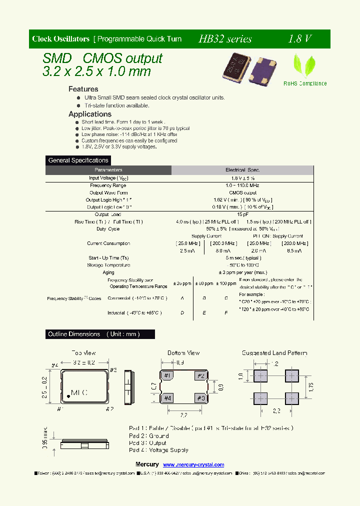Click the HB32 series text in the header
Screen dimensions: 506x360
[225, 39]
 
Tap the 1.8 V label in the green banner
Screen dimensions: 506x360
[300, 39]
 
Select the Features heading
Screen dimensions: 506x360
[83, 89]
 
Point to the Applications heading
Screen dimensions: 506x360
[90, 114]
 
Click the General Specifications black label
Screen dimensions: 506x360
[78, 160]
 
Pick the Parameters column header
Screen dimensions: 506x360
[108, 170]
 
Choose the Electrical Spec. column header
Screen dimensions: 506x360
[243, 170]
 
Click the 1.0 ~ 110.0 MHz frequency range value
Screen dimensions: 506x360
[243, 185]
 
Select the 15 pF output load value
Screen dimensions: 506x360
[243, 214]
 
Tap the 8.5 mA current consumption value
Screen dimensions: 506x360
[292, 251]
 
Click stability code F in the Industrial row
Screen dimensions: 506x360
[226, 313]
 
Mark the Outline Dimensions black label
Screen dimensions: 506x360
[94, 334]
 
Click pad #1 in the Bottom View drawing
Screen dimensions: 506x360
[168, 376]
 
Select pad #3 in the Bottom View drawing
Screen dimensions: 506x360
[201, 398]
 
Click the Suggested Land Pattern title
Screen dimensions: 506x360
[274, 353]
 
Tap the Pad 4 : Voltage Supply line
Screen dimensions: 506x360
[159, 450]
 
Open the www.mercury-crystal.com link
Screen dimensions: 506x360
[194, 465]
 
